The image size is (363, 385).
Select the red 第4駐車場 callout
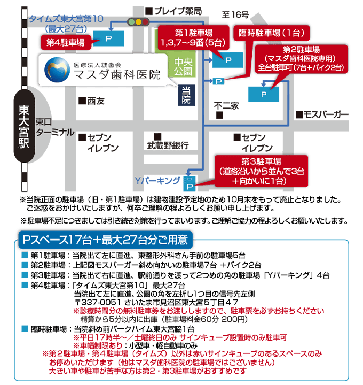(65, 42)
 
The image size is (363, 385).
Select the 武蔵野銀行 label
(168, 144)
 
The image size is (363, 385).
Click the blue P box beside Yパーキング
(190, 183)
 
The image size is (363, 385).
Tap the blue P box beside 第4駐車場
(109, 38)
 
